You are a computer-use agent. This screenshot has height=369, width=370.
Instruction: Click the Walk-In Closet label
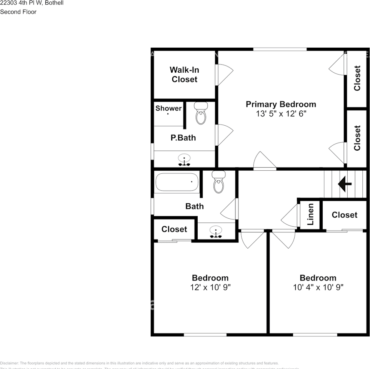pyautogui.click(x=184, y=75)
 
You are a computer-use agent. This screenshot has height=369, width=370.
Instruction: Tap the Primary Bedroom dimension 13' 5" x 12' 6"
pyautogui.click(x=281, y=114)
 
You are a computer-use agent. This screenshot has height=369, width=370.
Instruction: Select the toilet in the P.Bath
pyautogui.click(x=200, y=113)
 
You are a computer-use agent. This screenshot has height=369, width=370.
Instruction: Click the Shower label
pyautogui.click(x=168, y=108)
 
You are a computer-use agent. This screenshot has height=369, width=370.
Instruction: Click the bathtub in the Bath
pyautogui.click(x=177, y=183)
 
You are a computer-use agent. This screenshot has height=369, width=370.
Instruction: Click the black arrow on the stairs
pyautogui.click(x=345, y=184)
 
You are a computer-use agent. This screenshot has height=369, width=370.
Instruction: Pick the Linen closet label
pyautogui.click(x=310, y=214)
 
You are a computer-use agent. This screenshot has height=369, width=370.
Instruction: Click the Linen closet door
pyautogui.click(x=290, y=217)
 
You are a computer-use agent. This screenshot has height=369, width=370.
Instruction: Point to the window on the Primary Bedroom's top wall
pyautogui.click(x=280, y=49)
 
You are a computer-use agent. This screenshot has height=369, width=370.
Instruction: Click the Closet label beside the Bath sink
pyautogui.click(x=174, y=229)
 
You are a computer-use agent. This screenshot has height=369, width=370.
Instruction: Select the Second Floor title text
pyautogui.click(x=18, y=12)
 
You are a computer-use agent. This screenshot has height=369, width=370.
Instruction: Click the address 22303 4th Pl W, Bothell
pyautogui.click(x=32, y=3)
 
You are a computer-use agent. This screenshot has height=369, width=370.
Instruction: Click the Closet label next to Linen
pyautogui.click(x=344, y=215)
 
